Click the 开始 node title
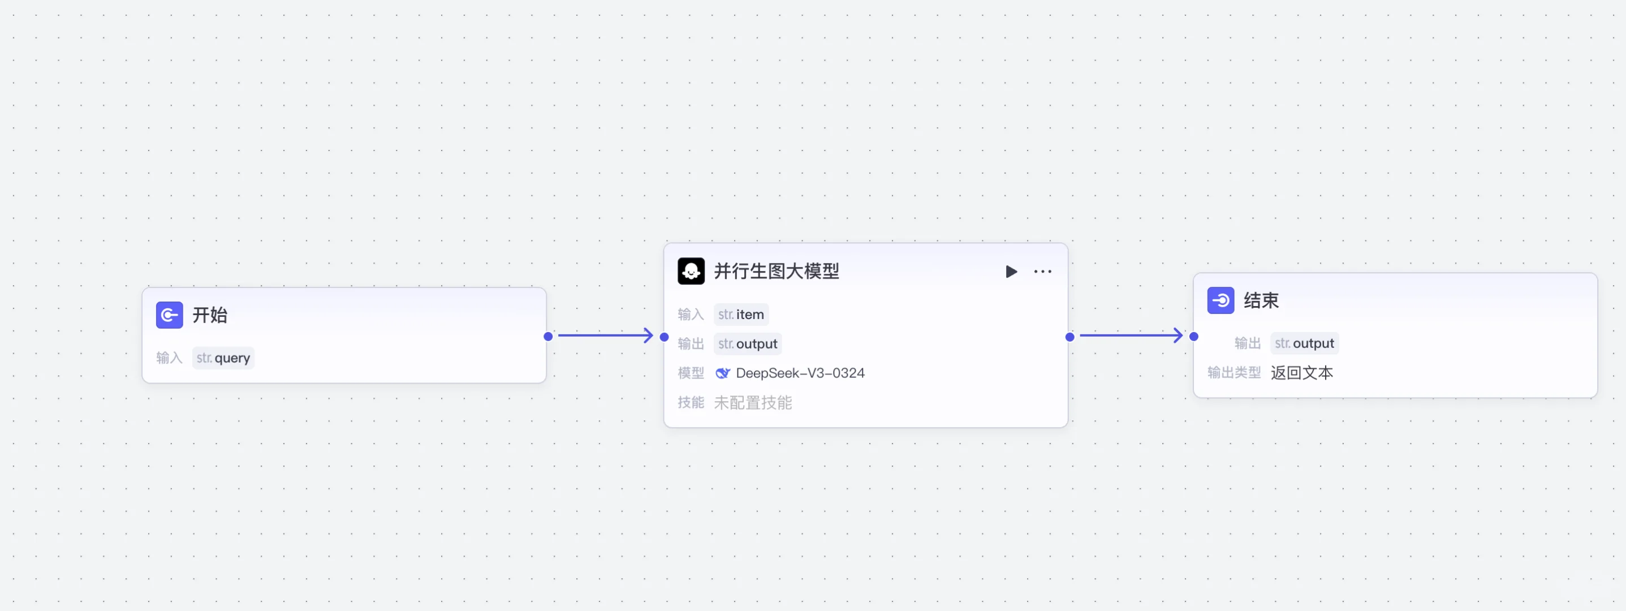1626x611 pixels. pyautogui.click(x=210, y=315)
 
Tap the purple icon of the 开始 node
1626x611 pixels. pyautogui.click(x=169, y=315)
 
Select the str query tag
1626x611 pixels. pyautogui.click(x=223, y=358)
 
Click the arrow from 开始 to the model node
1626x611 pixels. pyautogui.click(x=605, y=335)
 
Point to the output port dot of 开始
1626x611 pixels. pyautogui.click(x=548, y=337)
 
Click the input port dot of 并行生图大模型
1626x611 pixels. pyautogui.click(x=664, y=337)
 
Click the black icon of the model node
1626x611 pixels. pyautogui.click(x=691, y=272)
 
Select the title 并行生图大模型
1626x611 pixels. pyautogui.click(x=777, y=272)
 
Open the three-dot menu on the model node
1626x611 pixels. pyautogui.click(x=1042, y=272)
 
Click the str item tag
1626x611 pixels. pyautogui.click(x=741, y=315)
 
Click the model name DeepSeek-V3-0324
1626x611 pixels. pyautogui.click(x=800, y=373)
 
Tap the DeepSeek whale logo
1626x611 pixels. pyautogui.click(x=722, y=373)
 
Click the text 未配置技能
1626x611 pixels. pyautogui.click(x=752, y=403)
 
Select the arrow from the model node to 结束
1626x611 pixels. pyautogui.click(x=1131, y=335)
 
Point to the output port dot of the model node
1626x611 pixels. pyautogui.click(x=1070, y=337)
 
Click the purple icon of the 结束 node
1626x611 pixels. pyautogui.click(x=1220, y=300)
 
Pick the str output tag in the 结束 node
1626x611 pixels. pyautogui.click(x=1304, y=343)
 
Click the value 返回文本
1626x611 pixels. pyautogui.click(x=1301, y=373)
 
